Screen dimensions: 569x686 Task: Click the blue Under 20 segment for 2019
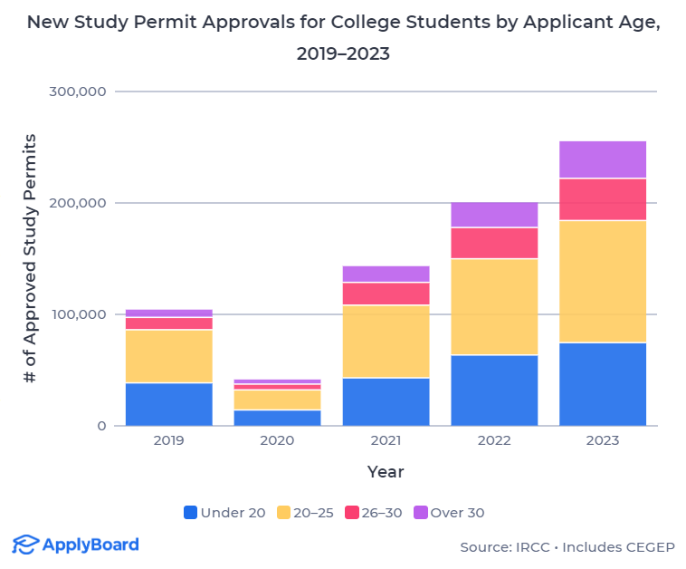tap(168, 404)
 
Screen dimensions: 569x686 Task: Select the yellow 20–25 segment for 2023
tap(603, 281)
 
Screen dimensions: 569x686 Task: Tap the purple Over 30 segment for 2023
tap(603, 159)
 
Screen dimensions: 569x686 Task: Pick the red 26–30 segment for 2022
tap(494, 243)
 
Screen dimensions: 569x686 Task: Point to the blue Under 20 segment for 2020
tap(277, 418)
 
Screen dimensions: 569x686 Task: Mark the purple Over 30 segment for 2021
tap(386, 274)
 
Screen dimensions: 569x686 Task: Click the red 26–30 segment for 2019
tap(168, 323)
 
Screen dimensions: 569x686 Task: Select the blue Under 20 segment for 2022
tap(494, 390)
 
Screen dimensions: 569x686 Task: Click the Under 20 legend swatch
tap(190, 512)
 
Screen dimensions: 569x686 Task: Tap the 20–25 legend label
tap(313, 512)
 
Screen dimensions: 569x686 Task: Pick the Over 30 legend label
tap(457, 512)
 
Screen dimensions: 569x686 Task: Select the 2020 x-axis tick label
tap(277, 440)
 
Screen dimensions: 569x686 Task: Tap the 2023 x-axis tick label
tap(603, 440)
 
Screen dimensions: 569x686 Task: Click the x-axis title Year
tap(386, 472)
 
